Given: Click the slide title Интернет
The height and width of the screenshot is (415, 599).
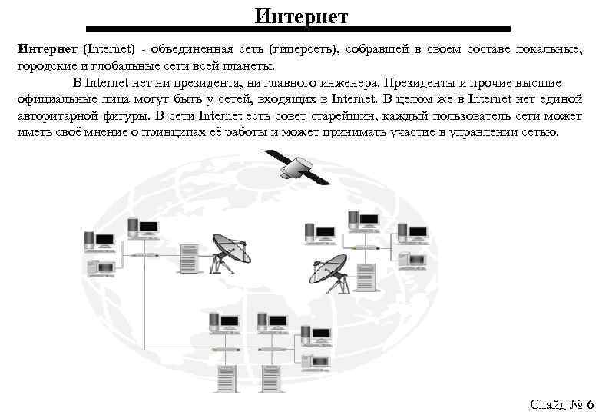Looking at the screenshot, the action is click(301, 15).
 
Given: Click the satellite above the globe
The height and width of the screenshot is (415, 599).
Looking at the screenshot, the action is click(296, 166).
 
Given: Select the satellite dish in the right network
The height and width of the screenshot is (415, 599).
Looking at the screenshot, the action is click(329, 269).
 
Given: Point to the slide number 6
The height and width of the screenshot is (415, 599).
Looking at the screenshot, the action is click(589, 404).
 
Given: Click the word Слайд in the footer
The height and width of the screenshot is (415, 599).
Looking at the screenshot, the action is click(546, 404).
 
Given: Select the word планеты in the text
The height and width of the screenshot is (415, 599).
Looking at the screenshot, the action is click(246, 67).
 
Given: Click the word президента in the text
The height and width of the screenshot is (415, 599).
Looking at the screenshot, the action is click(208, 83).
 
